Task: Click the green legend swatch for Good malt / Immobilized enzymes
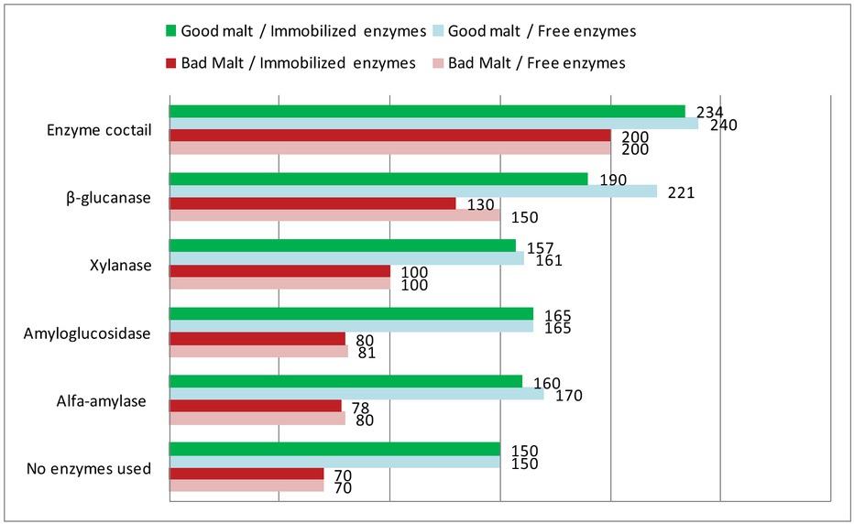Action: [x=170, y=31]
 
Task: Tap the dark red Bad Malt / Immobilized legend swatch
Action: [x=170, y=63]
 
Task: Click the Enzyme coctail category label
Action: [x=99, y=130]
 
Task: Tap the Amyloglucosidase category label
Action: [x=87, y=333]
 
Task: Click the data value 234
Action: [x=709, y=112]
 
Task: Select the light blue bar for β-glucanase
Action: [x=413, y=191]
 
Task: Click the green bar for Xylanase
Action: [x=343, y=246]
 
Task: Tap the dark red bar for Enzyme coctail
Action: [x=389, y=136]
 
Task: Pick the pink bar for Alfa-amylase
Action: [x=257, y=419]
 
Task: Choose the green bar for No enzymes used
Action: [x=334, y=449]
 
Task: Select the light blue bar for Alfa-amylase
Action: [x=356, y=394]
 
